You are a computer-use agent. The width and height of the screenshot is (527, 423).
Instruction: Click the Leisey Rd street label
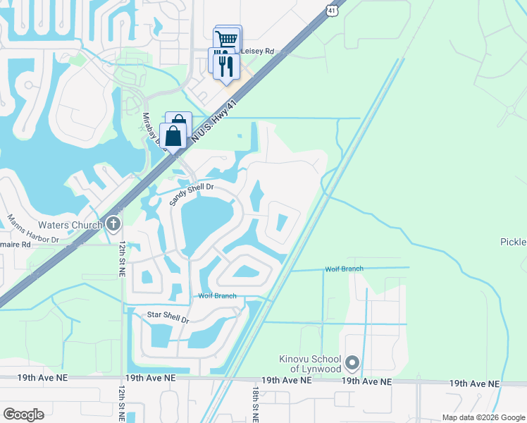(257, 51)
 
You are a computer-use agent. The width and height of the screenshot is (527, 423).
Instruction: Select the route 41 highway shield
(332, 9)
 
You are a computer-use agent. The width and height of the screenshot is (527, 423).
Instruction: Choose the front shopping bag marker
(173, 137)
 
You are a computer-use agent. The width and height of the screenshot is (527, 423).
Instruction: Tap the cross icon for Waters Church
(114, 225)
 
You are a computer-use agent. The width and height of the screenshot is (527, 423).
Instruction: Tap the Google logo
(23, 414)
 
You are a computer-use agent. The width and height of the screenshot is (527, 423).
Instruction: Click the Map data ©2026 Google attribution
(483, 417)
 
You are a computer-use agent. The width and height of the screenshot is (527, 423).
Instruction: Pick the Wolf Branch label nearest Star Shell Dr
(217, 296)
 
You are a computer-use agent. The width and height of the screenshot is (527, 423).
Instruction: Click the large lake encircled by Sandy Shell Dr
(204, 223)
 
